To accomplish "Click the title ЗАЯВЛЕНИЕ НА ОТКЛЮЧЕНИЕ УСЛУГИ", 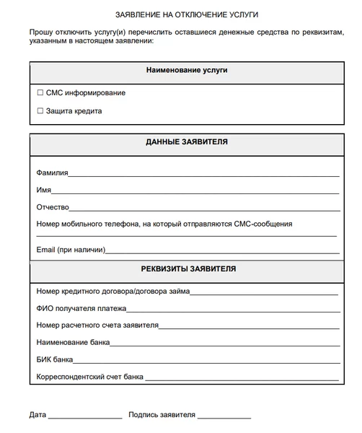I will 186,14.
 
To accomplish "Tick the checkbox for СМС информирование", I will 40,93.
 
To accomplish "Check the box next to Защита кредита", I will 40,111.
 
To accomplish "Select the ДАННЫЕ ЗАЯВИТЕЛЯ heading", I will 187,142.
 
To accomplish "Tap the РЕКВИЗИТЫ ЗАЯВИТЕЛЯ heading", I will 187,269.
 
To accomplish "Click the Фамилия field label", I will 52,173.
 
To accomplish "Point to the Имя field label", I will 43,190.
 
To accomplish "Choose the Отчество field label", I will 53,207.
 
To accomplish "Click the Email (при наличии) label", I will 71,250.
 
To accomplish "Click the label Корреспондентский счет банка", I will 90,377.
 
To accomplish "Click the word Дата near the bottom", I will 37,415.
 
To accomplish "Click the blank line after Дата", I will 85,417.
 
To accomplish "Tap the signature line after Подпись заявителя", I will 224,417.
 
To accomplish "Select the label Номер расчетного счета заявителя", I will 97,325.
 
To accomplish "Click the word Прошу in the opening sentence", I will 42,33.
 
